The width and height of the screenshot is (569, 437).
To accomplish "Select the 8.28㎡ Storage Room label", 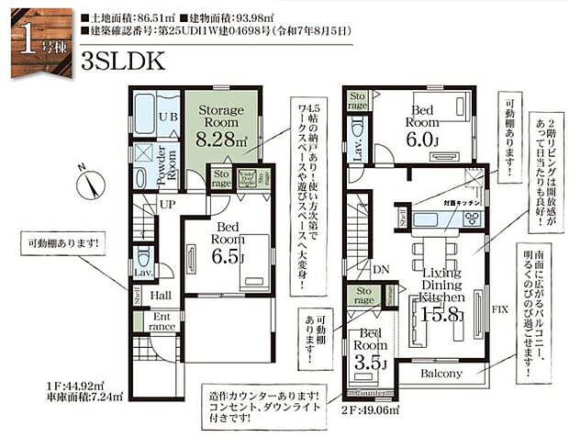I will click(x=221, y=126).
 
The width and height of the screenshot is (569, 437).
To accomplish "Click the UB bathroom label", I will click(x=169, y=117).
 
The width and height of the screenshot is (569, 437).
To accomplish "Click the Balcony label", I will click(x=442, y=375).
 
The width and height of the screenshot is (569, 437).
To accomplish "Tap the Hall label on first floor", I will click(x=161, y=296).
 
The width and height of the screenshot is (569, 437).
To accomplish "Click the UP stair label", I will click(x=167, y=204).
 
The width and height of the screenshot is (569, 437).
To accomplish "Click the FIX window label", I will click(x=500, y=310).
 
